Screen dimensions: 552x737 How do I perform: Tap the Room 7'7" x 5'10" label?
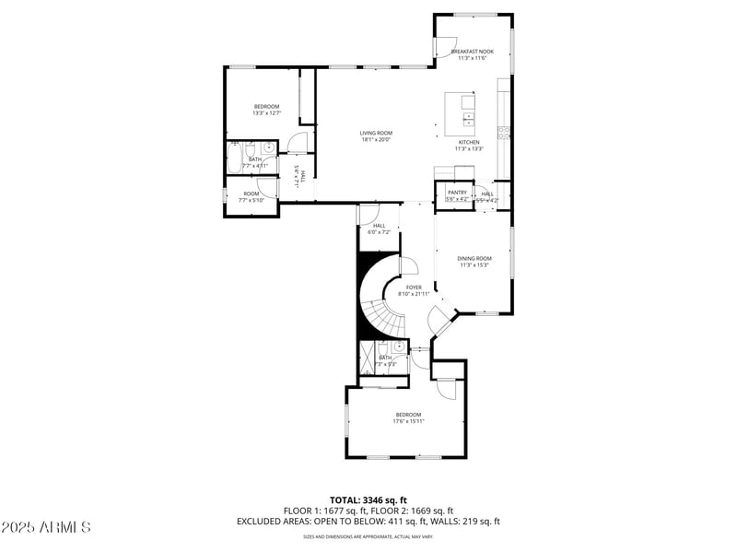[x=252, y=196]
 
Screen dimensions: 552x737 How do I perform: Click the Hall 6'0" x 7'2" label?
[x=379, y=229]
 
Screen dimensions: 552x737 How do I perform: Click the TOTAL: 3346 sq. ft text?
[x=368, y=499]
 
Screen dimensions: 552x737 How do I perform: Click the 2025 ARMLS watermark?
[x=46, y=528]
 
